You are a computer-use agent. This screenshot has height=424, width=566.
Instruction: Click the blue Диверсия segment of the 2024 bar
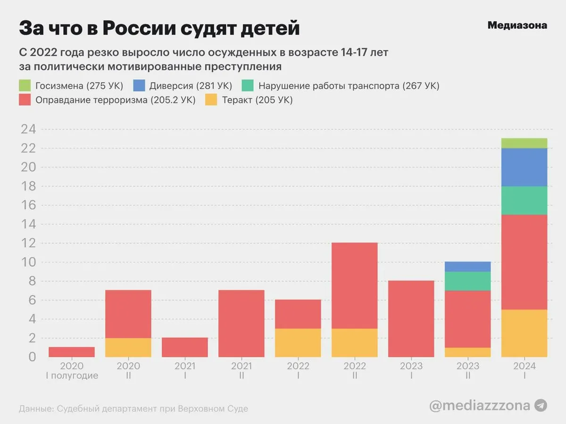point(524,167)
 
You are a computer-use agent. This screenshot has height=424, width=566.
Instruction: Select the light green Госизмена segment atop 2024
point(524,143)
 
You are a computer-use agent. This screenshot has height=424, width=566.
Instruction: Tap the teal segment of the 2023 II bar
point(467,281)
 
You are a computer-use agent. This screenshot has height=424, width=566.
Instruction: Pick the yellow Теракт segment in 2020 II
point(128,347)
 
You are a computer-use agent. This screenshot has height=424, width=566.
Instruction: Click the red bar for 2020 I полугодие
point(72,352)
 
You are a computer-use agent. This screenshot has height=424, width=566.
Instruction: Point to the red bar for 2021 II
point(241,323)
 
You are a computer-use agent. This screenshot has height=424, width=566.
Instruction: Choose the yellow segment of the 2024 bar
point(524,333)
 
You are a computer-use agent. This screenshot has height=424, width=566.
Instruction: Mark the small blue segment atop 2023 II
point(467,267)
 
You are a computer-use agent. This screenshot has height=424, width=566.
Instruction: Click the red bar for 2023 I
point(411,318)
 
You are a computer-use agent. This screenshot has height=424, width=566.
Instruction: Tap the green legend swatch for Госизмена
point(25,86)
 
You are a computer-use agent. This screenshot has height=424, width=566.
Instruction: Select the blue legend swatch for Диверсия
point(139,86)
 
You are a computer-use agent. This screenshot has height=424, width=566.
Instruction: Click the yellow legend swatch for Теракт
point(211,100)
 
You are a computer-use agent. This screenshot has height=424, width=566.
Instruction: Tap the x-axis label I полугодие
point(72,376)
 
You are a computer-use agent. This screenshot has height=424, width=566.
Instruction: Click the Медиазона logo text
point(517,25)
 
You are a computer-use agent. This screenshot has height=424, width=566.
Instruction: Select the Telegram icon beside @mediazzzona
point(541,406)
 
